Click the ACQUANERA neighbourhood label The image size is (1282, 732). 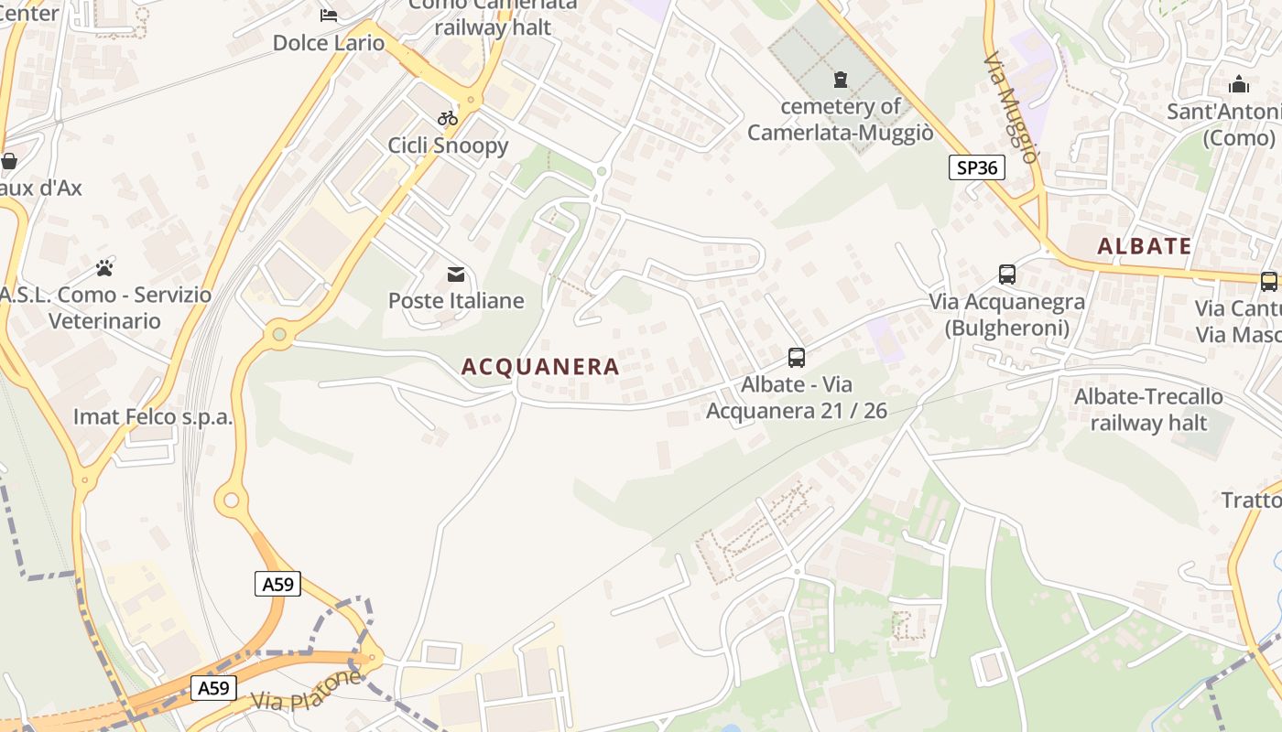tap(540, 367)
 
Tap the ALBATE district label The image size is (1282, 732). tap(1144, 246)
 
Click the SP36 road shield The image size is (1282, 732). tap(976, 167)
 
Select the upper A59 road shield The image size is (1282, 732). tap(277, 584)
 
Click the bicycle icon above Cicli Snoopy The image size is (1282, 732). tap(448, 117)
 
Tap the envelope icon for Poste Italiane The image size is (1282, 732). tap(455, 274)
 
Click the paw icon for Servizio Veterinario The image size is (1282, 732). tap(104, 268)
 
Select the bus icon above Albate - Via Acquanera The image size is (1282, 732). tap(797, 357)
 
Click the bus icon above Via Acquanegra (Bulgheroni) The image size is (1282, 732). tap(1007, 274)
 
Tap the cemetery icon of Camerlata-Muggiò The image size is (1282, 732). tap(840, 80)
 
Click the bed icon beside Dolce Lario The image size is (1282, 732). tap(328, 15)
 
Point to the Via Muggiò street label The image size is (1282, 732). tap(1011, 107)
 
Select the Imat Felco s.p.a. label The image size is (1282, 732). tap(153, 417)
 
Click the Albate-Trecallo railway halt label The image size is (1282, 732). tap(1148, 409)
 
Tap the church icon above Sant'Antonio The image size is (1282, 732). tap(1239, 85)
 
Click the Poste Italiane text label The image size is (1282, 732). tap(456, 300)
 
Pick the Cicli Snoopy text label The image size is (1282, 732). tap(448, 145)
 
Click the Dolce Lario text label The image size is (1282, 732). tap(329, 43)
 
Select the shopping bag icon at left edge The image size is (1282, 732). tap(9, 162)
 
